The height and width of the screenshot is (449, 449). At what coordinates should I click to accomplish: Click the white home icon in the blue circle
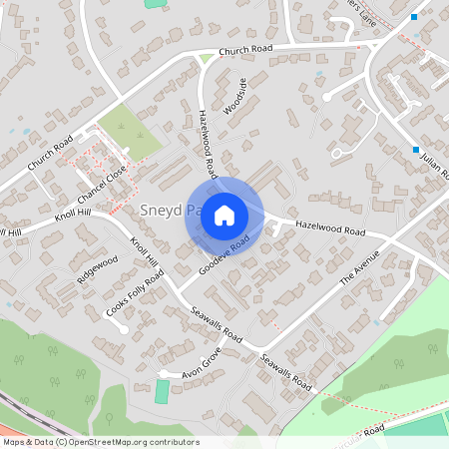click(224, 215)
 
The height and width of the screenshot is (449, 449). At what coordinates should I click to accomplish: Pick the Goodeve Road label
click(223, 257)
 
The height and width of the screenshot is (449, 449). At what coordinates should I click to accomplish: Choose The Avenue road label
click(360, 267)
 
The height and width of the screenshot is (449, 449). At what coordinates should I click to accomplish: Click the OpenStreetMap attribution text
click(100, 442)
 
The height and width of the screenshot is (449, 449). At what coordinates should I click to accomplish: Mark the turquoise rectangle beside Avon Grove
click(162, 391)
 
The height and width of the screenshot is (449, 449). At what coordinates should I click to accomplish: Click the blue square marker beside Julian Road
click(415, 150)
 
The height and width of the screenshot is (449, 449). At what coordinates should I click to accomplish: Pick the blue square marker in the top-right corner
click(414, 16)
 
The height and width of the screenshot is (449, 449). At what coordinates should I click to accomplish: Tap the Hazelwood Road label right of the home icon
click(330, 229)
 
